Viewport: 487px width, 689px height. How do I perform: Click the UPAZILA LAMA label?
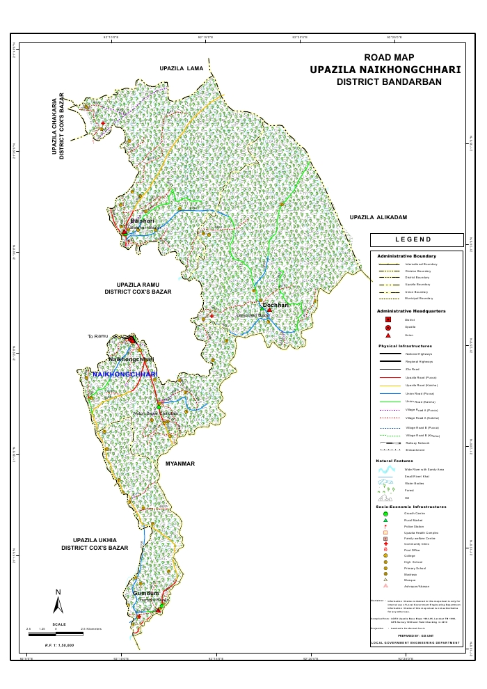(x=181, y=68)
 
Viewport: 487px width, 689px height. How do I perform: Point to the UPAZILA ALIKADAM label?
(x=378, y=218)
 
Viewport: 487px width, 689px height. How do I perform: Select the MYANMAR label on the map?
(x=180, y=463)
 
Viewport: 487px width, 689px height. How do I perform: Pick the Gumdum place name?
(x=146, y=593)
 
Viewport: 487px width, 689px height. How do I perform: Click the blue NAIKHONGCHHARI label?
(x=125, y=374)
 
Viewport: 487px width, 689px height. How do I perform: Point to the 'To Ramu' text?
(x=99, y=337)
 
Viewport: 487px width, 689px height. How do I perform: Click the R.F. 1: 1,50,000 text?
(x=59, y=645)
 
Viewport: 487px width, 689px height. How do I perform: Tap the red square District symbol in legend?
(x=388, y=319)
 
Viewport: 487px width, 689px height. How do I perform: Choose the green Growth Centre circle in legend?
(x=385, y=514)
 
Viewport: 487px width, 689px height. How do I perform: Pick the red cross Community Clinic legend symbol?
(x=385, y=544)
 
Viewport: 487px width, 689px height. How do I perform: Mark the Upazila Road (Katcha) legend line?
(x=388, y=384)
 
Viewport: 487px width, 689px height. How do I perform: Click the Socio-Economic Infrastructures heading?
(x=411, y=507)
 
